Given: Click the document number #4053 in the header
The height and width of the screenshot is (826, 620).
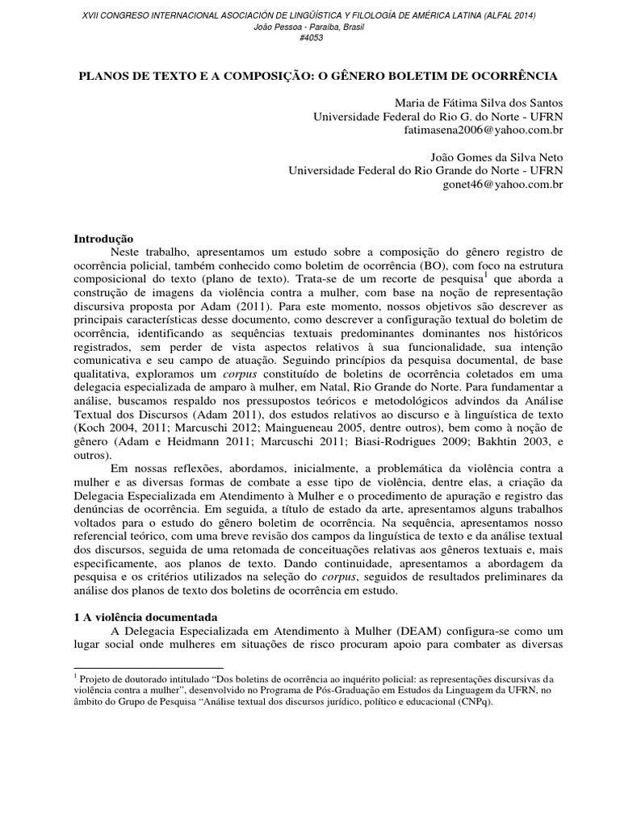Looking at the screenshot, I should click(310, 38).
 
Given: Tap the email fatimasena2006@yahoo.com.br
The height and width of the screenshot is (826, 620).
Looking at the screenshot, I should click(493, 130).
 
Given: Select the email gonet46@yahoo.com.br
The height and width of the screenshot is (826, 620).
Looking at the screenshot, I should click(513, 185).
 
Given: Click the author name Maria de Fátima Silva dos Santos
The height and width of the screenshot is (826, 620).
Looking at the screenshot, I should click(479, 102).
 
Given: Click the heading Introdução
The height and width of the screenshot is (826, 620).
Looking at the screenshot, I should click(103, 240).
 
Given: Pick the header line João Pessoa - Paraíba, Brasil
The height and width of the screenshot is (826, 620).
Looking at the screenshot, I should click(310, 27).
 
